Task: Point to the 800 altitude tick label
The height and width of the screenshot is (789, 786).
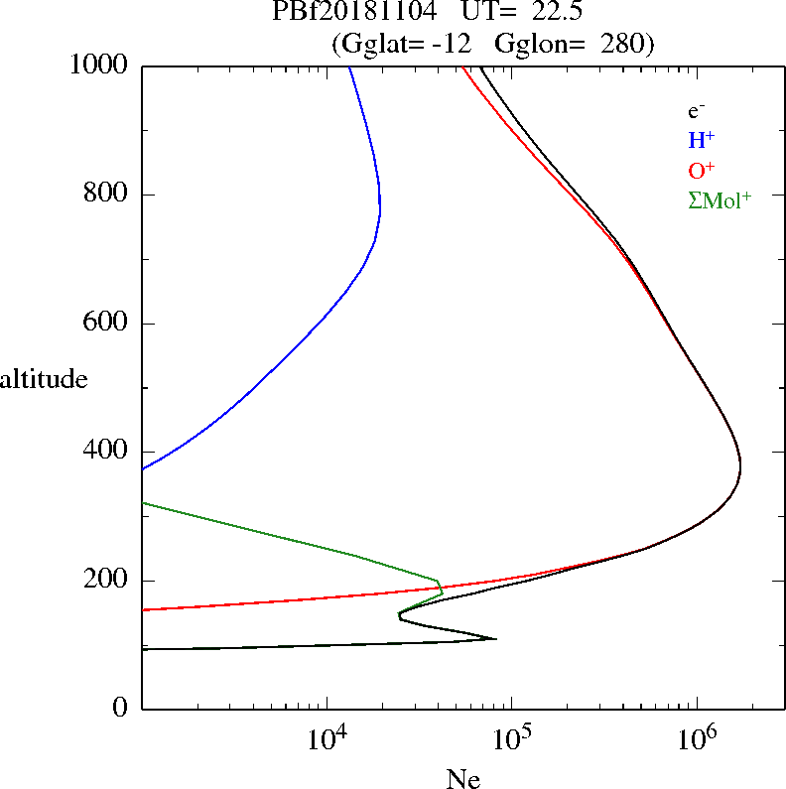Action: [x=106, y=195]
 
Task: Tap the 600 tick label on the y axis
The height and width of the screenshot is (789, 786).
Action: [x=106, y=324]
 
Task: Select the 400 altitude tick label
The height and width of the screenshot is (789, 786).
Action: [x=106, y=452]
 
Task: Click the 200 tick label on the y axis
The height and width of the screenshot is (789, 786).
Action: [x=106, y=581]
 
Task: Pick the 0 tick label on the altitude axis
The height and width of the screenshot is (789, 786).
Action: [x=119, y=709]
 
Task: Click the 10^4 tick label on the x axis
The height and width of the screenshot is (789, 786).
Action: [x=327, y=738]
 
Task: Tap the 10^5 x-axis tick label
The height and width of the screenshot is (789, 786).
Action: [x=512, y=738]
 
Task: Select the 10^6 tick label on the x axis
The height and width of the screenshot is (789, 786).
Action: [x=697, y=738]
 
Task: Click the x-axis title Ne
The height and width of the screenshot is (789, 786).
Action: [x=462, y=779]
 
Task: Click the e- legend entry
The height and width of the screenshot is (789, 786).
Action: [x=697, y=112]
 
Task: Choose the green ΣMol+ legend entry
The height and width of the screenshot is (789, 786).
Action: [x=719, y=199]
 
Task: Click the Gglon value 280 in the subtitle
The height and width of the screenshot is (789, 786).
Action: [x=620, y=44]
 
